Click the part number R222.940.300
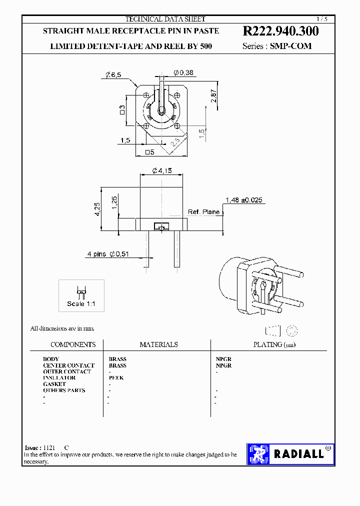(280, 31)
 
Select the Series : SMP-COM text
(276, 46)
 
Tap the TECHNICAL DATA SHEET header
(165, 19)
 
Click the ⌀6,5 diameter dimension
(113, 75)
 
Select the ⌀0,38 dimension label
(183, 73)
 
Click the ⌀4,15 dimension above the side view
(161, 171)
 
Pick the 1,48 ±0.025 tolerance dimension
(243, 200)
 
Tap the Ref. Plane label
(203, 212)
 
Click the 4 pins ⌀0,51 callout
(108, 254)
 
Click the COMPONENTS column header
(73, 344)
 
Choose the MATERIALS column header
(158, 344)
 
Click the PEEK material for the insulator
(116, 378)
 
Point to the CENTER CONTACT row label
(68, 365)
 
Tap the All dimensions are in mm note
(62, 328)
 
